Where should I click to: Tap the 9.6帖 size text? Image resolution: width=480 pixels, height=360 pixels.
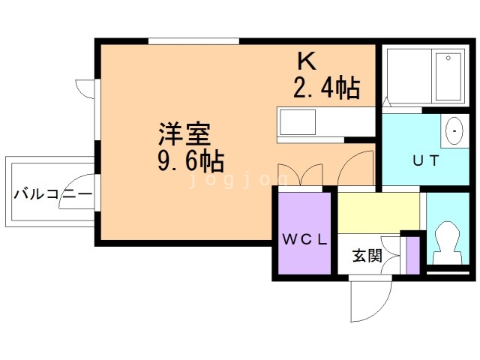click(x=191, y=160)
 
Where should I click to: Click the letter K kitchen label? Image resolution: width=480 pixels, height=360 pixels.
click(x=307, y=61)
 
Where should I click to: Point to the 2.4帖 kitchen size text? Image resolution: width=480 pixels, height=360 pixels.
click(x=327, y=88)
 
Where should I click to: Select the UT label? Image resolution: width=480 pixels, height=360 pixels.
click(x=426, y=160)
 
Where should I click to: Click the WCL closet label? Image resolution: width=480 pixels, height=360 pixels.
click(x=304, y=239)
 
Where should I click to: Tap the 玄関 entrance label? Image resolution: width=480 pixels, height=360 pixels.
click(x=367, y=256)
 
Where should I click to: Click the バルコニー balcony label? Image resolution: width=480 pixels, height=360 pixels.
click(x=52, y=194)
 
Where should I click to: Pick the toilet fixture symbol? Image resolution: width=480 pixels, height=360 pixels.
click(x=447, y=243)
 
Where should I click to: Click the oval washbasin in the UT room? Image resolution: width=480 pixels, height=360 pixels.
click(x=454, y=131)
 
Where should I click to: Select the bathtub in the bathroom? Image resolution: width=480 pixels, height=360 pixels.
click(x=448, y=76)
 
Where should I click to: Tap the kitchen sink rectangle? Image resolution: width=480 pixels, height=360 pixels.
click(x=298, y=122)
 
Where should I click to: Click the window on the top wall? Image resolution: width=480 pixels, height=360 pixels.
click(x=193, y=41)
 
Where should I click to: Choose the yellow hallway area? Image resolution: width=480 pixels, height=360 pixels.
click(x=378, y=213)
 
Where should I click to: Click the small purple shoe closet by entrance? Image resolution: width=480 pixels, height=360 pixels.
click(x=412, y=256)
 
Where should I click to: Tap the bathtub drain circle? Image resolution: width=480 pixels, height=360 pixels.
click(x=448, y=58)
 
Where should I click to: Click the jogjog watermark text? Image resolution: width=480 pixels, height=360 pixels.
click(x=238, y=180)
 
